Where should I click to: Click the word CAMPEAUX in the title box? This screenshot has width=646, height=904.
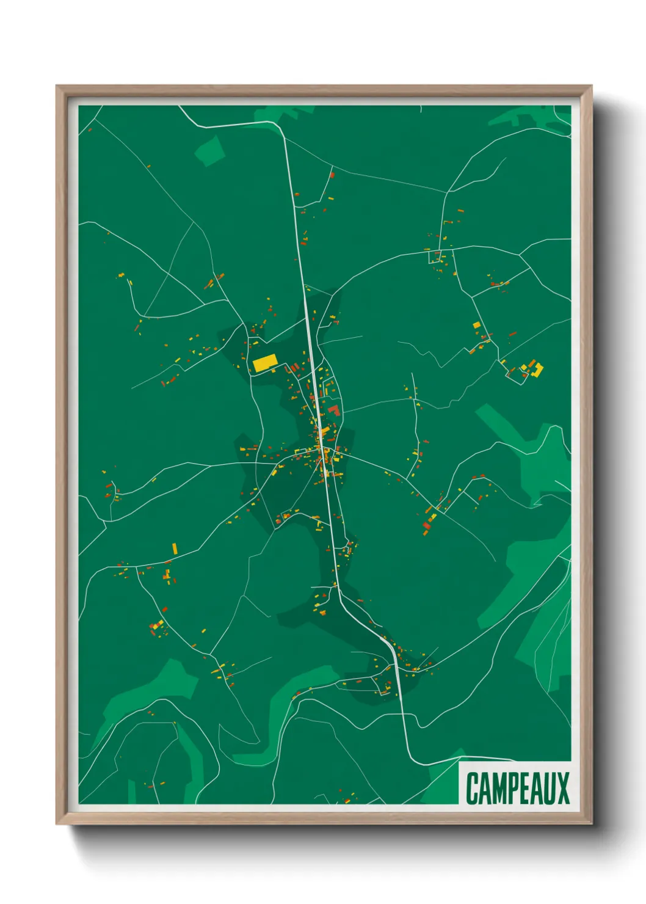pos(517,788)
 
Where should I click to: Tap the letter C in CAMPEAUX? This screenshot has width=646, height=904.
pos(473,788)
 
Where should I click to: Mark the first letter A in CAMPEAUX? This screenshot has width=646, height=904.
pos(484,788)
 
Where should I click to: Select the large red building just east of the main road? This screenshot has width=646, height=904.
pos(333,410)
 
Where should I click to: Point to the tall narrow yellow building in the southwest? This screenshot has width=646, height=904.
pos(175,548)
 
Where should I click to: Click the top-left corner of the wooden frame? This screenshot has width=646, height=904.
pos(57,86)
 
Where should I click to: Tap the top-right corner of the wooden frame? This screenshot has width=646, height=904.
pos(591,86)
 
